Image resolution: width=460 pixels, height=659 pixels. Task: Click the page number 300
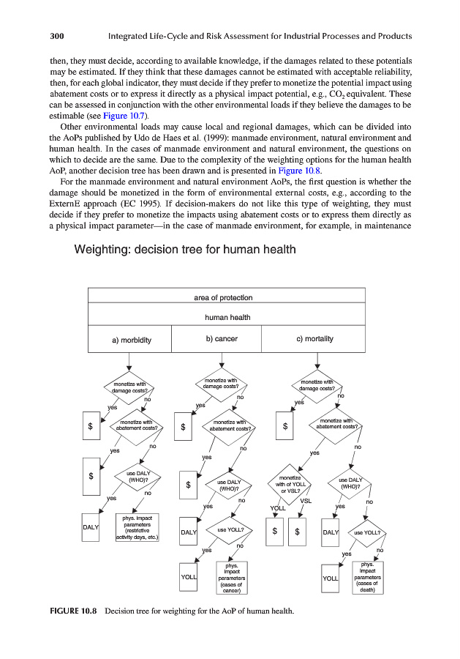click(59, 36)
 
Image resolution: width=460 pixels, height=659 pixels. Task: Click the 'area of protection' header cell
click(223, 297)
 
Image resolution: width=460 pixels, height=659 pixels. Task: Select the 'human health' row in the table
click(227, 317)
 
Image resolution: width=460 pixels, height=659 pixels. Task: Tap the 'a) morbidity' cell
click(132, 340)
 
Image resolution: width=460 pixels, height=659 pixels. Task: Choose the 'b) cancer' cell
click(221, 339)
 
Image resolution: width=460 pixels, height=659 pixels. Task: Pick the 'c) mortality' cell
click(314, 339)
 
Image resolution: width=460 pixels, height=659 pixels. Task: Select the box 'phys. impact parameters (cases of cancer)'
click(231, 578)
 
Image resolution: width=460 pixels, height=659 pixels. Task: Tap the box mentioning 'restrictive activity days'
click(137, 529)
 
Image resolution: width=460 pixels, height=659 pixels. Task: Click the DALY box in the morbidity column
click(91, 527)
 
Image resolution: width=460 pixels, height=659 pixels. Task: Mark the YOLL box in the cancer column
click(189, 578)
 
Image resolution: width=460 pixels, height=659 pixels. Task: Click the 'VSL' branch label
click(306, 501)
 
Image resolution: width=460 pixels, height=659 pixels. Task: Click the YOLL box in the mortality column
click(330, 578)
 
